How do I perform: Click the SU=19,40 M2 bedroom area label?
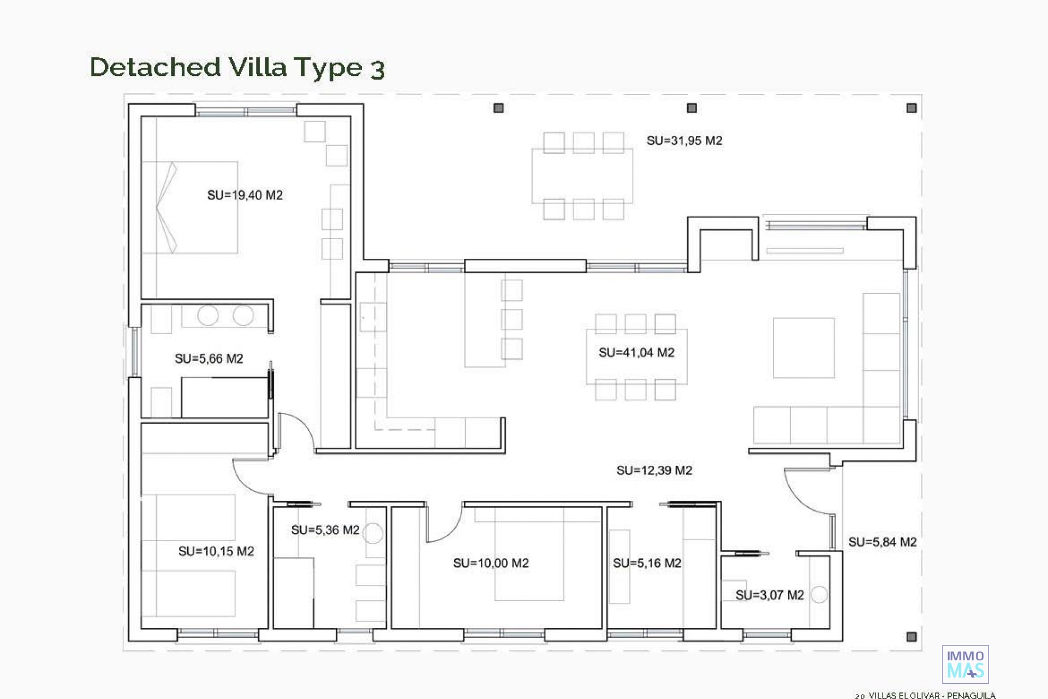point(245,195)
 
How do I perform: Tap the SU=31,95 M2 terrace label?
point(684,140)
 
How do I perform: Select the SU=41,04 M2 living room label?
point(636,352)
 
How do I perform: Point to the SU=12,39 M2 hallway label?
point(654,470)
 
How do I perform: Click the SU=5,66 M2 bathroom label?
point(209,358)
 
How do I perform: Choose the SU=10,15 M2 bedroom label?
point(216,551)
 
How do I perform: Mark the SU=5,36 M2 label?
point(325,530)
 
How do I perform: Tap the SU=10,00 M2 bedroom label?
point(491,563)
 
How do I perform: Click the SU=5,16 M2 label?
point(647,563)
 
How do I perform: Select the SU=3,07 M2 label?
point(770,595)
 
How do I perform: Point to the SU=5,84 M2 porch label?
point(883,542)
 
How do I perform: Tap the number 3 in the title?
point(377,69)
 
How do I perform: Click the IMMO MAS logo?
point(966,664)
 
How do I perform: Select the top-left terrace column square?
point(498,108)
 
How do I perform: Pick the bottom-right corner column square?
point(912,637)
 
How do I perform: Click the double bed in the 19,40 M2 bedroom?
point(190,207)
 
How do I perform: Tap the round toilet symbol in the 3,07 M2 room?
point(819,594)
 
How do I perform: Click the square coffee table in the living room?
point(804,348)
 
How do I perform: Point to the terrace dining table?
point(583,176)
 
